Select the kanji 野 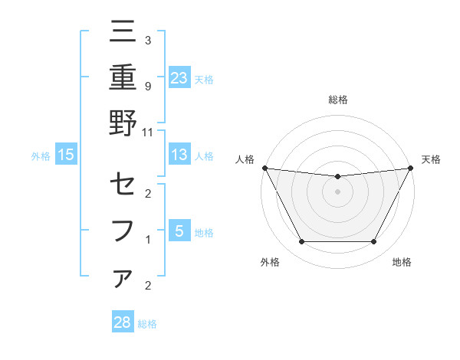tap(123, 123)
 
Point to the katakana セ tap(123, 185)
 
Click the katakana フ tap(123, 230)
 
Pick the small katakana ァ tap(123, 278)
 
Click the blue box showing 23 tap(179, 77)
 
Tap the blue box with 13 tap(179, 155)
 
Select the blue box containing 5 tap(179, 231)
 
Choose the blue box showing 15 tap(65, 155)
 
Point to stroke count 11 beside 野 tap(148, 132)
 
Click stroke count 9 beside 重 tap(148, 87)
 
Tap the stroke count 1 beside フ tap(148, 240)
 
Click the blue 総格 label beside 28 tap(147, 324)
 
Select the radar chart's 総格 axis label tap(337, 100)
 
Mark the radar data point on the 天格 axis tap(411, 168)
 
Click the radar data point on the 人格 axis tap(264, 168)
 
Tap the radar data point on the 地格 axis tap(373, 242)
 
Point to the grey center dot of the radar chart tap(337, 191)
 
